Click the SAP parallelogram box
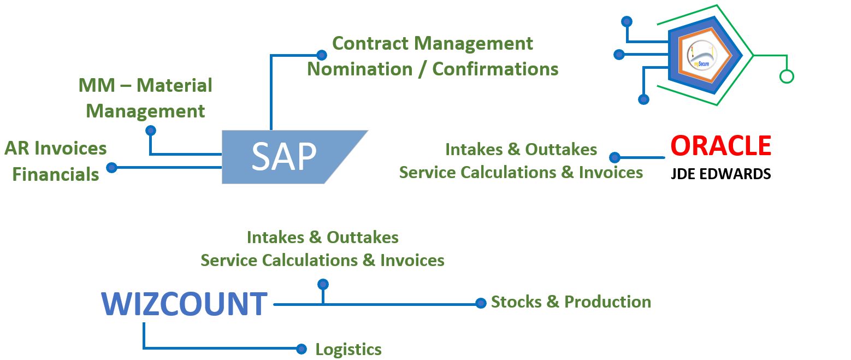click(x=284, y=157)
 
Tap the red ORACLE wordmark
click(x=720, y=146)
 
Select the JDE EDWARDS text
click(x=720, y=174)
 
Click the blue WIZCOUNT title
click(x=184, y=305)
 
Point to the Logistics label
click(x=348, y=349)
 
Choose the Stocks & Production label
click(x=571, y=302)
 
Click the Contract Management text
click(x=432, y=43)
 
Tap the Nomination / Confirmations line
click(x=432, y=69)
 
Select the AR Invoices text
click(x=56, y=148)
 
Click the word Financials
click(x=56, y=175)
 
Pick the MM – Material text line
click(x=145, y=85)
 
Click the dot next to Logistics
click(x=301, y=349)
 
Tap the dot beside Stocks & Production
click(x=481, y=303)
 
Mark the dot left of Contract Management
click(x=322, y=55)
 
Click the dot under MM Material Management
click(x=151, y=130)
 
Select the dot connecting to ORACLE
click(x=614, y=157)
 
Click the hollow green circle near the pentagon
click(x=786, y=76)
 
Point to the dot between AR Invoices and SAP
click(x=111, y=167)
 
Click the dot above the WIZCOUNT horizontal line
click(x=323, y=284)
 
